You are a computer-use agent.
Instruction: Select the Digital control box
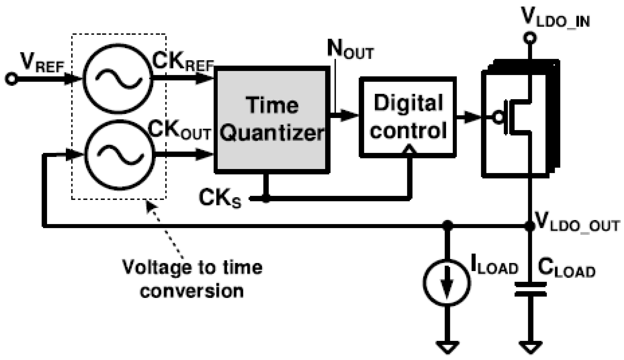coord(408,117)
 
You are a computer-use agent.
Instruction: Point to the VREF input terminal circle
coord(11,78)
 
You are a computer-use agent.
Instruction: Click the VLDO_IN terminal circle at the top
coord(530,38)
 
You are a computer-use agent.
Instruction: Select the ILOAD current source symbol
coord(447,283)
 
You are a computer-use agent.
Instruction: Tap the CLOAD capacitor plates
coord(530,289)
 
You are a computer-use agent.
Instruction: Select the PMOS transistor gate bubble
coord(498,117)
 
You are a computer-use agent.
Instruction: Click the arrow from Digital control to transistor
coord(469,117)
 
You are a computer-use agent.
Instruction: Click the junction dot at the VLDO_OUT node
coord(530,226)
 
